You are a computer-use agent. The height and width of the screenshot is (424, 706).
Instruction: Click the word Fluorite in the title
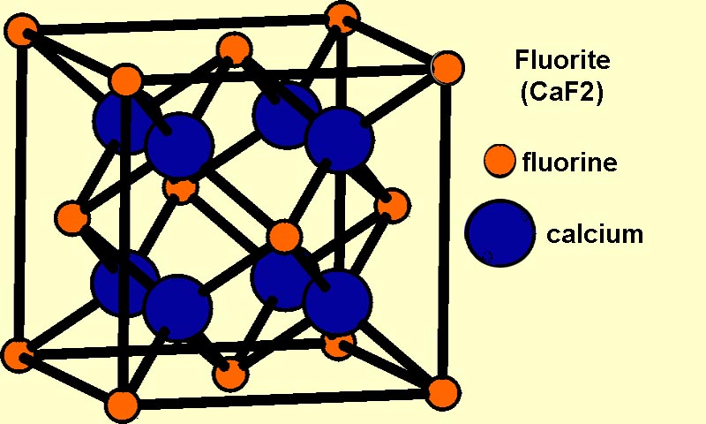pyautogui.click(x=562, y=60)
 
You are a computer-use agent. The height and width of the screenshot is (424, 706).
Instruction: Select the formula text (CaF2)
pyautogui.click(x=561, y=94)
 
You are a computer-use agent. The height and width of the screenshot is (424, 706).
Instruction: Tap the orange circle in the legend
pyautogui.click(x=499, y=161)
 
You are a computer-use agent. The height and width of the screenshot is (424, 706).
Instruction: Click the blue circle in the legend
pyautogui.click(x=500, y=233)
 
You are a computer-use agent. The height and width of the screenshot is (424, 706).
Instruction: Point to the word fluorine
pyautogui.click(x=569, y=162)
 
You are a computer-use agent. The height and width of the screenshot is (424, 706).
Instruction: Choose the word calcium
pyautogui.click(x=594, y=234)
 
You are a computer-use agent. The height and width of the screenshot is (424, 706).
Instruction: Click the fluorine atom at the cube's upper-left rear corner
pyautogui.click(x=21, y=29)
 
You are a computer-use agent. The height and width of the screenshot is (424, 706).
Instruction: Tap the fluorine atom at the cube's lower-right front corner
pyautogui.click(x=444, y=392)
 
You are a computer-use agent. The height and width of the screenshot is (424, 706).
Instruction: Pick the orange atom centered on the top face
pyautogui.click(x=233, y=49)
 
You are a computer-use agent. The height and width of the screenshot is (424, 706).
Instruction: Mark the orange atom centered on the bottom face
pyautogui.click(x=230, y=374)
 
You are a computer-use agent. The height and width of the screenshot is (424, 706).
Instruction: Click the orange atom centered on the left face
pyautogui.click(x=72, y=218)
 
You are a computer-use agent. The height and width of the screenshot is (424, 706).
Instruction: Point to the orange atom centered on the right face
pyautogui.click(x=393, y=205)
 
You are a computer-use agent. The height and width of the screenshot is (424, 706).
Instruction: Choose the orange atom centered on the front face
pyautogui.click(x=283, y=236)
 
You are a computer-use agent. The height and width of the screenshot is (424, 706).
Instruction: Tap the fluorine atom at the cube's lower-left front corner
pyautogui.click(x=123, y=405)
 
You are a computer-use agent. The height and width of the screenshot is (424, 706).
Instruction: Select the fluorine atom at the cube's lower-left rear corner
pyautogui.click(x=17, y=355)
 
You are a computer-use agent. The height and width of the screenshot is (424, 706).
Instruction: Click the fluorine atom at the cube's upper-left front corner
pyautogui.click(x=126, y=80)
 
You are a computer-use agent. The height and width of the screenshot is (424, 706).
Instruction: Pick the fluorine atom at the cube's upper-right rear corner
pyautogui.click(x=342, y=18)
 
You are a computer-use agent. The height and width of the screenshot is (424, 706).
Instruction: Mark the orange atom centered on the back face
pyautogui.click(x=181, y=188)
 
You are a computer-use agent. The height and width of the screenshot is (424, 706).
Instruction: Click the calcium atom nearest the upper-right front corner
pyautogui.click(x=340, y=140)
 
